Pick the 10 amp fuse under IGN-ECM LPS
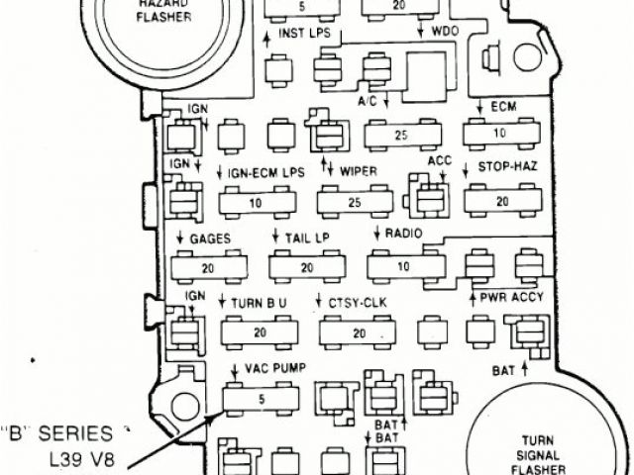click(257, 203)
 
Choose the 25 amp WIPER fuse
click(355, 203)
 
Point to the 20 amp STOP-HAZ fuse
click(501, 201)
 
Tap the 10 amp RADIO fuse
click(403, 266)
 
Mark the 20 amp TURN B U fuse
click(259, 332)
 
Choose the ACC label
click(439, 161)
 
